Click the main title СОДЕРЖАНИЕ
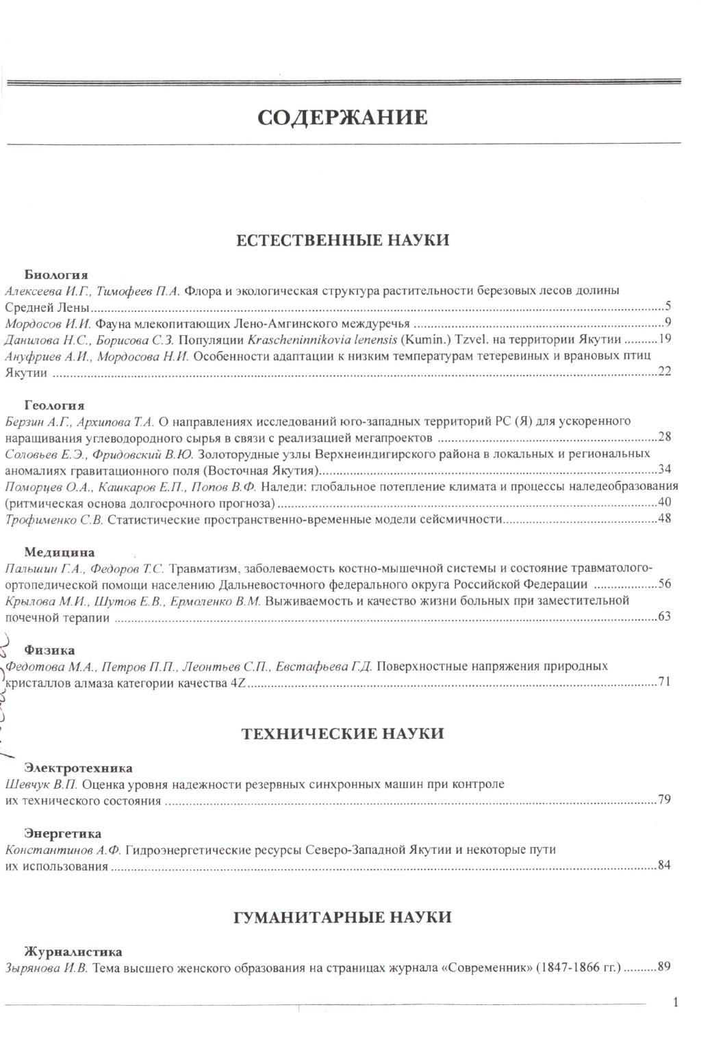pyautogui.click(x=342, y=118)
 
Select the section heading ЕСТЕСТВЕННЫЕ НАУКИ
pyautogui.click(x=342, y=241)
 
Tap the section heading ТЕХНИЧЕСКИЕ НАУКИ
pyautogui.click(x=343, y=734)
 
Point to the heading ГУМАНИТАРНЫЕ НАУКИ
pyautogui.click(x=342, y=917)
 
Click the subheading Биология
pyautogui.click(x=56, y=275)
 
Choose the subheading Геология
pyautogui.click(x=54, y=405)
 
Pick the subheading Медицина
pyautogui.click(x=60, y=552)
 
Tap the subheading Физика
pyautogui.click(x=50, y=650)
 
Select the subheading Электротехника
pyautogui.click(x=78, y=768)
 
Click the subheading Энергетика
pyautogui.click(x=63, y=833)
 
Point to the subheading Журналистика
pyautogui.click(x=73, y=952)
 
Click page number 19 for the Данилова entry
pyautogui.click(x=664, y=339)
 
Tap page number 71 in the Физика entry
pyautogui.click(x=664, y=682)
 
